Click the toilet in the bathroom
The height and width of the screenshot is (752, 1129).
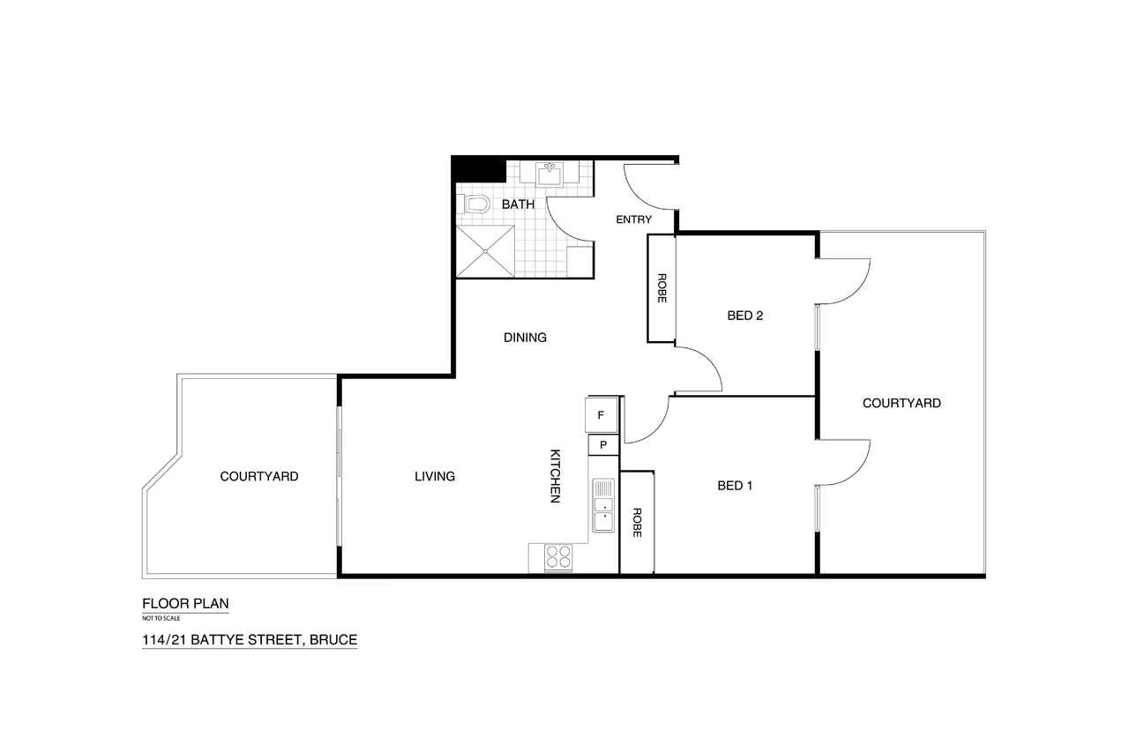click(475, 204)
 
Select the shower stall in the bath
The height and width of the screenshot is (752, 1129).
click(485, 251)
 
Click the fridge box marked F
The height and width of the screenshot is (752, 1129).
click(602, 415)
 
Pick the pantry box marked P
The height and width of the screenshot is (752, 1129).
click(603, 445)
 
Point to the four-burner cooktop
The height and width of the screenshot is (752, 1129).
click(558, 557)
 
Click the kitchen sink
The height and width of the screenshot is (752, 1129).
click(603, 505)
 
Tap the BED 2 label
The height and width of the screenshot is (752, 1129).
click(745, 316)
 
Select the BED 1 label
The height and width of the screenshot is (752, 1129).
click(735, 486)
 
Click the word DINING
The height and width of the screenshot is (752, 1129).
click(525, 338)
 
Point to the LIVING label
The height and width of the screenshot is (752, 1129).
click(435, 476)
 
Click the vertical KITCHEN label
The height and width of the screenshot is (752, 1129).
click(555, 476)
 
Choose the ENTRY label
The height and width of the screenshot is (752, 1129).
click(634, 220)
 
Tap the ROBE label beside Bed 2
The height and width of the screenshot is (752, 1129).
click(662, 288)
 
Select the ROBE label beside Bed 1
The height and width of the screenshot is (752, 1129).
click(637, 523)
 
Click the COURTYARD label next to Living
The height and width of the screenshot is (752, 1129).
click(259, 476)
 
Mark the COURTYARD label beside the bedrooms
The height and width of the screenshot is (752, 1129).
click(901, 403)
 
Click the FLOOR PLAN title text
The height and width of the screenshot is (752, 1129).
click(185, 603)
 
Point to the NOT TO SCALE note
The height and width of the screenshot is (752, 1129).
click(161, 618)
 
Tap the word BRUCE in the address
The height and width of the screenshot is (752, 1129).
click(333, 640)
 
